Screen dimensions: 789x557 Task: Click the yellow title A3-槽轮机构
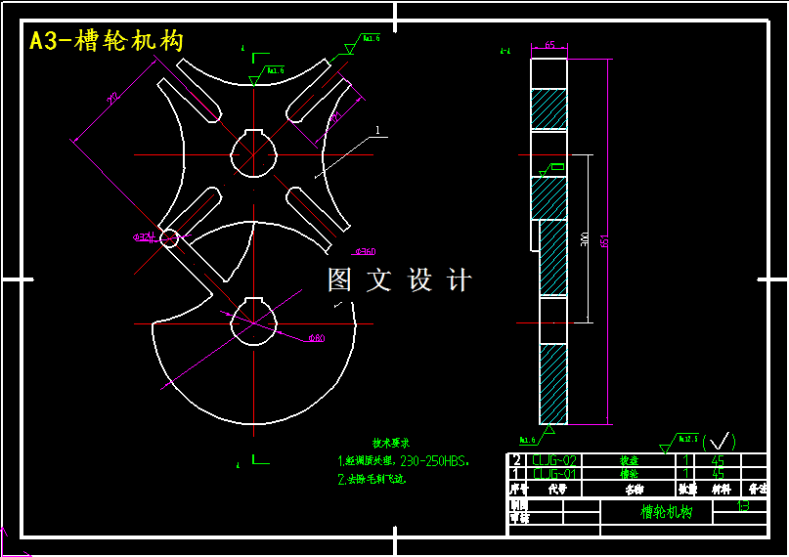point(106,41)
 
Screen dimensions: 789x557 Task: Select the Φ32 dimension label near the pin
point(144,236)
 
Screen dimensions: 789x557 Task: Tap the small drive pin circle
point(169,237)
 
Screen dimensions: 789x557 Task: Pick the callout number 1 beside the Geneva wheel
point(377,128)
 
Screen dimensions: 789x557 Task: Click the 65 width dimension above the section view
point(550,45)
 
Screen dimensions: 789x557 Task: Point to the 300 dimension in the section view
point(584,237)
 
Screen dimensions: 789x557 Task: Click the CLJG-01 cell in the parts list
point(554,474)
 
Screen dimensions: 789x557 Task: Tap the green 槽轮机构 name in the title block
point(666,511)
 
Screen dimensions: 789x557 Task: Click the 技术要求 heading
point(390,443)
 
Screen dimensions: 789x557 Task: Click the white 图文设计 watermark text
point(399,280)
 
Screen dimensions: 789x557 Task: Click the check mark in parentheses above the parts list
point(720,442)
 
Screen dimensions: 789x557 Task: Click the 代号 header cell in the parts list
point(557,489)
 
